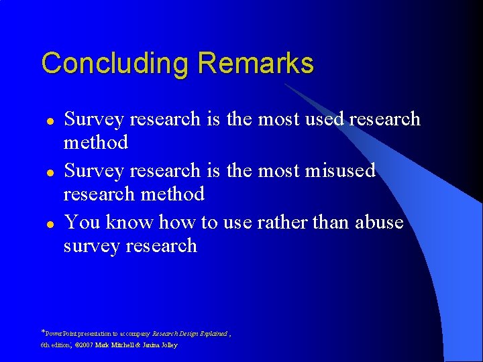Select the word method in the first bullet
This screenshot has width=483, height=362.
95,142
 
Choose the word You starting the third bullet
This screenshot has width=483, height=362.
81,222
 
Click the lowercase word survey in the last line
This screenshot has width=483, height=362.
92,246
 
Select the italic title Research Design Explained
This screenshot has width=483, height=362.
189,333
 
